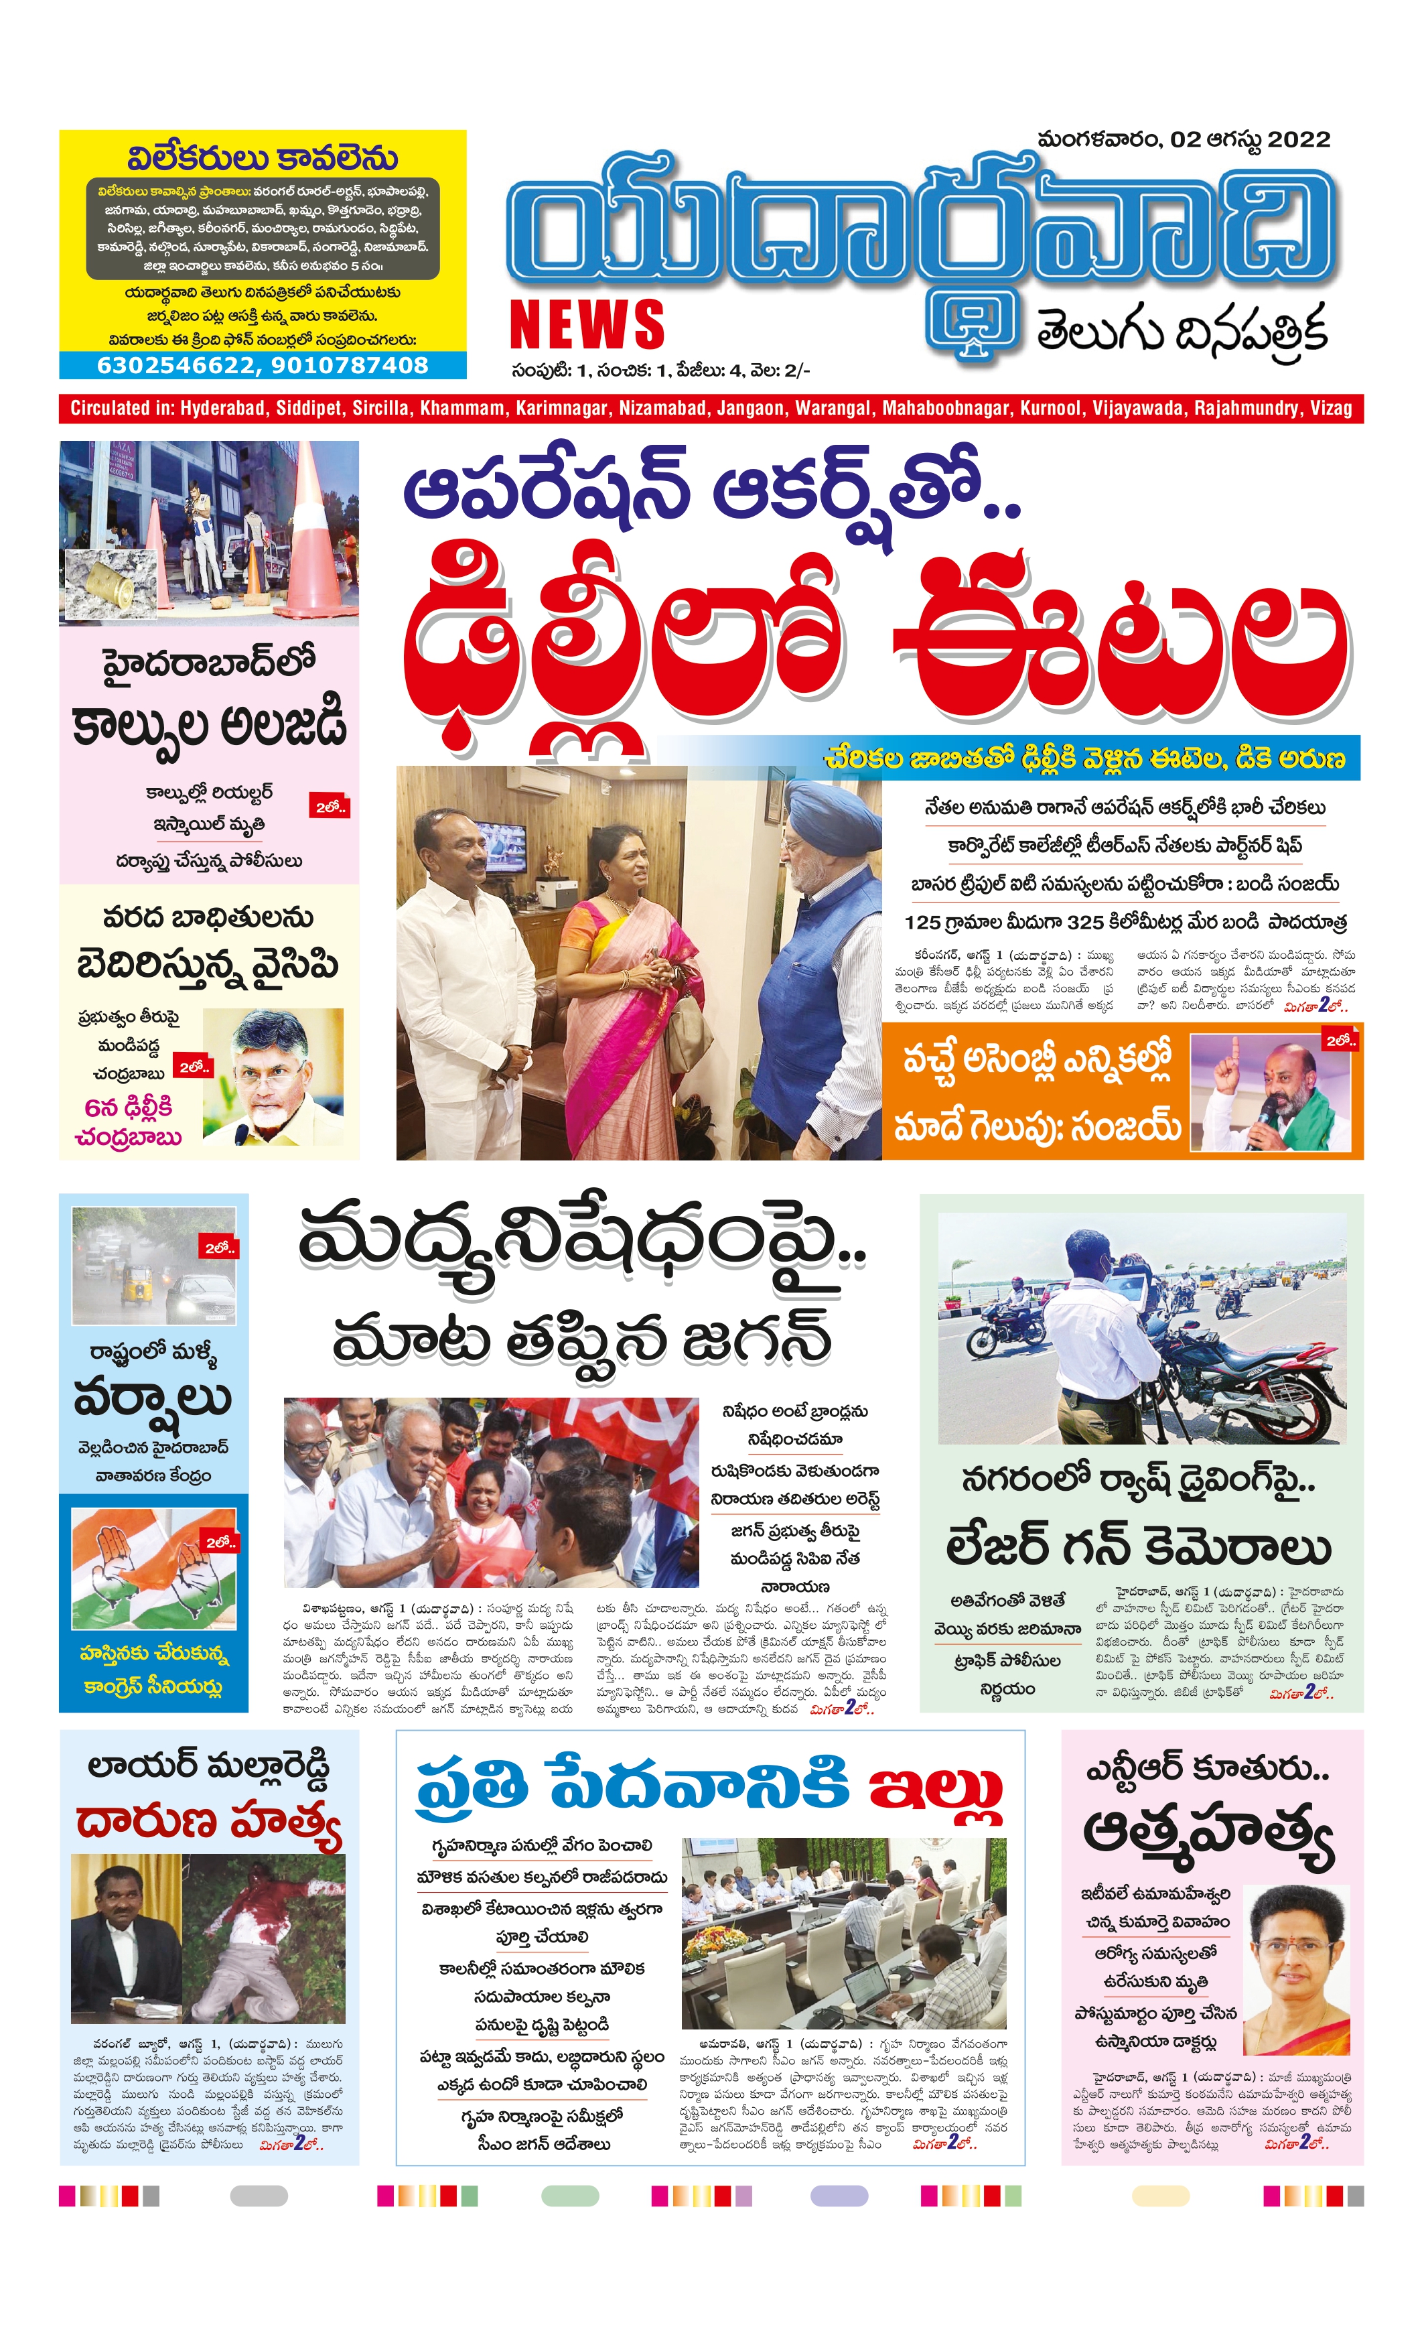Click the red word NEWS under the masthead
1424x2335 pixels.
click(x=587, y=325)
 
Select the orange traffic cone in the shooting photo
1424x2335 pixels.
click(x=322, y=531)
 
